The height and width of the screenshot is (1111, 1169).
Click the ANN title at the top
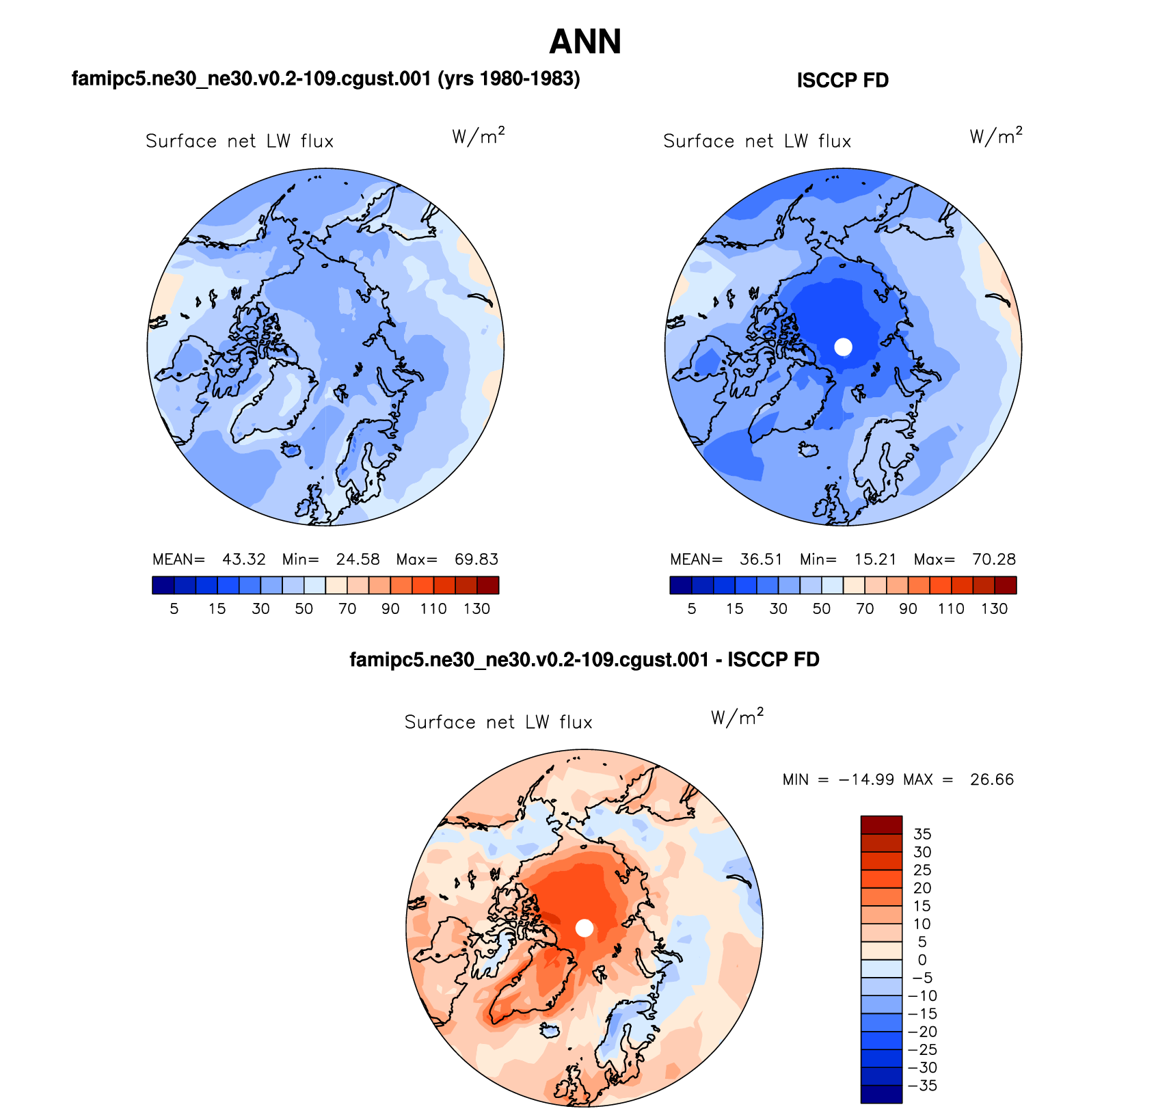click(x=585, y=42)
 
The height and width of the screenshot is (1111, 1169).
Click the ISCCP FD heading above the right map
click(x=842, y=81)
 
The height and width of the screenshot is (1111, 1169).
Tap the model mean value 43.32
click(x=244, y=559)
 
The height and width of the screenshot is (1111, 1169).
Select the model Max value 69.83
click(x=476, y=559)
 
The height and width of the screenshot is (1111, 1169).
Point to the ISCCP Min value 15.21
click(x=875, y=559)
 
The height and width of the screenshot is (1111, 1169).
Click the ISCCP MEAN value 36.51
click(x=761, y=559)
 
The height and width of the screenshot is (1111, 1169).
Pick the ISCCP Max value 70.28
click(x=994, y=559)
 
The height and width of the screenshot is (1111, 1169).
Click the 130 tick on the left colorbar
click(x=476, y=608)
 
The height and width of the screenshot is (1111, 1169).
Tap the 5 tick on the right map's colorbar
click(x=692, y=608)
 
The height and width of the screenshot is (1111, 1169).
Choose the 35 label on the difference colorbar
click(x=922, y=834)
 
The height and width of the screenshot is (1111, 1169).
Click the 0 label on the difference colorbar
click(x=922, y=960)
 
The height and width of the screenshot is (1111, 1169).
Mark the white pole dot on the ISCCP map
click(x=844, y=347)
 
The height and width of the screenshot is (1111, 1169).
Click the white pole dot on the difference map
click(x=584, y=928)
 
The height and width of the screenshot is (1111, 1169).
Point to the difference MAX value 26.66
click(x=992, y=779)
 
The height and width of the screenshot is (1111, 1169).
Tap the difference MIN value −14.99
click(x=866, y=779)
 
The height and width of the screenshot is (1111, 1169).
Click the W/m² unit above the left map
click(x=479, y=136)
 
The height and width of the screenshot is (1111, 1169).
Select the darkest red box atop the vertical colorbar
click(x=881, y=825)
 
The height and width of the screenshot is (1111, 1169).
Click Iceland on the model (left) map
click(x=291, y=449)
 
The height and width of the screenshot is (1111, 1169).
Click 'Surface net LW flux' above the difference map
click(x=498, y=722)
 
